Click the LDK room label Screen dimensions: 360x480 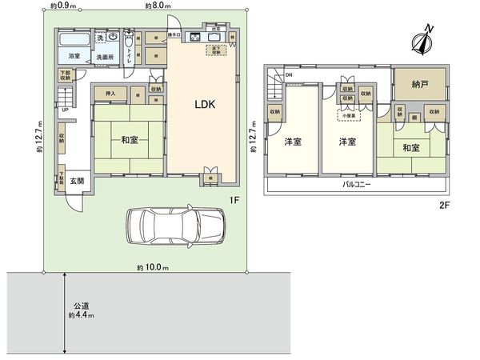pyautogui.click(x=202, y=104)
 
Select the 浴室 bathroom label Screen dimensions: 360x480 pyautogui.click(x=74, y=57)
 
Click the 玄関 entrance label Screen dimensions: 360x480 pyautogui.click(x=76, y=180)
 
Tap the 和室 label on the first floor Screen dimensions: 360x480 pyautogui.click(x=131, y=140)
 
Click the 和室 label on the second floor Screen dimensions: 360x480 pyautogui.click(x=411, y=148)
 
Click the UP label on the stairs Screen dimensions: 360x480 pyautogui.click(x=65, y=110)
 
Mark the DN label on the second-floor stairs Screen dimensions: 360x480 pyautogui.click(x=289, y=76)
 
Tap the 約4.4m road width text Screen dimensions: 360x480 pyautogui.click(x=82, y=317)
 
